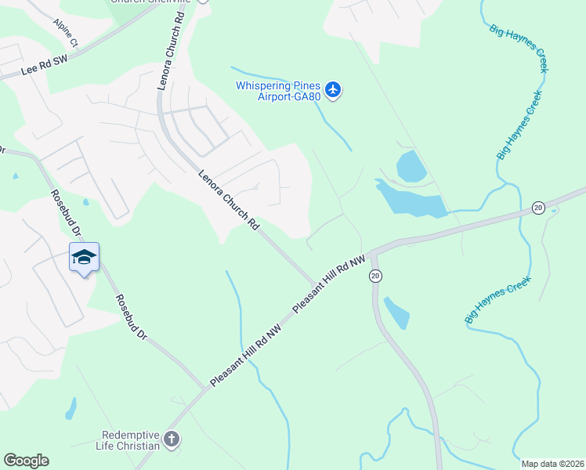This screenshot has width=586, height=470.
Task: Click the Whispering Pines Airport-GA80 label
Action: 278,91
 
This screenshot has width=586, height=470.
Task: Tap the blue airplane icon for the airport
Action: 334,91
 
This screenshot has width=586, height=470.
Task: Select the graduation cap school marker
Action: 84,258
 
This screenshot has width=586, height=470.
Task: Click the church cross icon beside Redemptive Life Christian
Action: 172,439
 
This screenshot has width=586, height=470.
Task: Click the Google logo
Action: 26,461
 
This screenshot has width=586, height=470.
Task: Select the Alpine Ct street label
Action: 66,32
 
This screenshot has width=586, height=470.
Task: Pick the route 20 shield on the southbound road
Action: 376,276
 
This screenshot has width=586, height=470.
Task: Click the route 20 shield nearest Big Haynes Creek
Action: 537,208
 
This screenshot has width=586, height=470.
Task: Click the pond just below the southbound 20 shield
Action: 396,312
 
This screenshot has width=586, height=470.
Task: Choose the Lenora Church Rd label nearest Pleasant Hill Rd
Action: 229,200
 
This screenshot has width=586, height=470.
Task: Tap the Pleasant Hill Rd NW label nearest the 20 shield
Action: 329,284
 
